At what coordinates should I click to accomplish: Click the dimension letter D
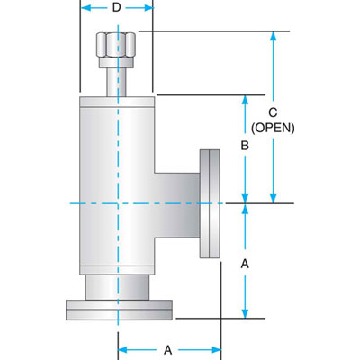[117, 9]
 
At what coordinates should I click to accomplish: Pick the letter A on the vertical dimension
[243, 264]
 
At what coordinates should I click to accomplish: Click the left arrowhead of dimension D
[85, 9]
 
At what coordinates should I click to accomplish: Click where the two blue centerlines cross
[117, 203]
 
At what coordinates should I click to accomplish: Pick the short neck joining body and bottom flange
[117, 285]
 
